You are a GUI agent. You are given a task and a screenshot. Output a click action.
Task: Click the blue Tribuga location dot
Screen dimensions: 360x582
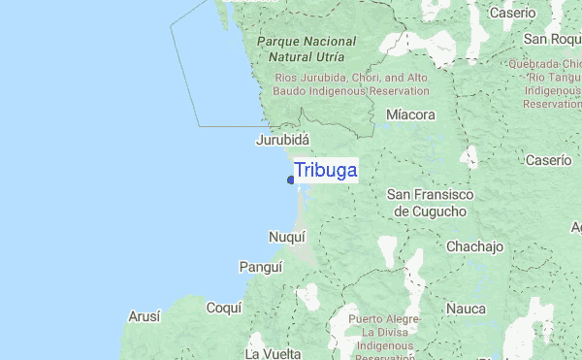click(x=291, y=180)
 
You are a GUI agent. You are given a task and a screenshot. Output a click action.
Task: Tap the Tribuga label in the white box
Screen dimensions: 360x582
click(x=326, y=170)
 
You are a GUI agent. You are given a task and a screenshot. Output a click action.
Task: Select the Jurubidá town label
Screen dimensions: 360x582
click(x=282, y=140)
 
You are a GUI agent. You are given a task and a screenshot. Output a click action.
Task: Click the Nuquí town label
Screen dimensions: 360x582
click(x=286, y=236)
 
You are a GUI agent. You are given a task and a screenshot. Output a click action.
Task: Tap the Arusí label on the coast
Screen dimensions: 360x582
click(x=145, y=316)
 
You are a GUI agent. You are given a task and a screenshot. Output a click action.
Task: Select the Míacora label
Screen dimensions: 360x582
click(x=410, y=115)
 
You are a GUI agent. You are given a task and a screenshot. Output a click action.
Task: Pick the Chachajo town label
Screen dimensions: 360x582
click(x=474, y=246)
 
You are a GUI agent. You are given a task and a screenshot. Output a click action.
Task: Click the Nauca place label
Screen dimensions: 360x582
click(x=466, y=308)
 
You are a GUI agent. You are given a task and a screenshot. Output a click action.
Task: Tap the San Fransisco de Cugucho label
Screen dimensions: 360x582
click(x=430, y=203)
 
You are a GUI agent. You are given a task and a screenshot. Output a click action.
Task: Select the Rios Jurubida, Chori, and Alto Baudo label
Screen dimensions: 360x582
click(x=351, y=83)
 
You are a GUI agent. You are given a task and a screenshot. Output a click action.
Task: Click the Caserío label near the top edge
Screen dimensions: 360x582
click(x=539, y=13)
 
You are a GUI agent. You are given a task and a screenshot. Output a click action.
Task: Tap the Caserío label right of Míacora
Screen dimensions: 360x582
click(x=548, y=159)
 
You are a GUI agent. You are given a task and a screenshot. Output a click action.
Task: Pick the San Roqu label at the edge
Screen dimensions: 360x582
click(x=551, y=39)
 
